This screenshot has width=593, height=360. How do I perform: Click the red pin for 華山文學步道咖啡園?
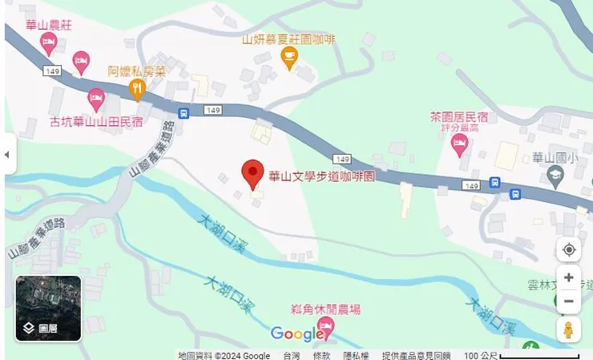[253, 172]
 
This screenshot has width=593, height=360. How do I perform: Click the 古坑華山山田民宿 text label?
[96, 122]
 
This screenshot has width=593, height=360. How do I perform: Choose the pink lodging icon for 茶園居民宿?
[459, 145]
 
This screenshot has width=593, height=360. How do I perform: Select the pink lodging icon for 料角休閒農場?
[325, 327]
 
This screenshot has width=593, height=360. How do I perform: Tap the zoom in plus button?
[568, 277]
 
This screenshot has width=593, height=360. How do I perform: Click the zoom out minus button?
[568, 301]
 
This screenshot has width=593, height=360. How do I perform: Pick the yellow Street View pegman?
[568, 330]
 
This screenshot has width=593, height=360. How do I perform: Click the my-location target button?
[568, 250]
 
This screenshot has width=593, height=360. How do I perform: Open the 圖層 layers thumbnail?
[48, 309]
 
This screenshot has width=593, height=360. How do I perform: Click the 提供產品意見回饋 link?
[416, 355]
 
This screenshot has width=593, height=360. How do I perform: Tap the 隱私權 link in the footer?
[356, 355]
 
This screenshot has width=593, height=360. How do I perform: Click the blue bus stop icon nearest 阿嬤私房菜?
[184, 113]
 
